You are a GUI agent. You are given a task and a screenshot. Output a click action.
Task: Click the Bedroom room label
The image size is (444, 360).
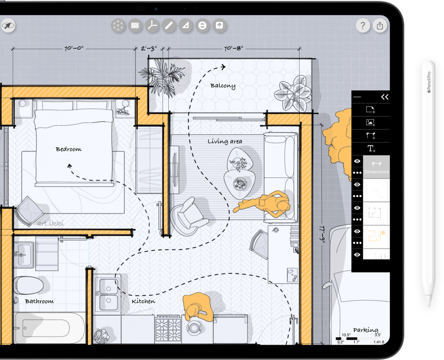[69, 149]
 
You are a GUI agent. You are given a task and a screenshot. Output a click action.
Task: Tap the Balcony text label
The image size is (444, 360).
[223, 86]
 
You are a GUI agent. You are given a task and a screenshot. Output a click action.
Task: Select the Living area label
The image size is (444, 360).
[225, 141]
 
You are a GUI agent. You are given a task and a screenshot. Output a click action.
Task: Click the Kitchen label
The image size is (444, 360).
[143, 301]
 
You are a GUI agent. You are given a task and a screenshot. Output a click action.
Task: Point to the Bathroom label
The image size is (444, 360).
[39, 301]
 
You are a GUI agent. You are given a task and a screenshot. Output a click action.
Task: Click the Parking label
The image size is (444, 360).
[365, 330]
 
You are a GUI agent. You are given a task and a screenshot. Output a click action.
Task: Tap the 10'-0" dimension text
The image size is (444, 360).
[74, 48]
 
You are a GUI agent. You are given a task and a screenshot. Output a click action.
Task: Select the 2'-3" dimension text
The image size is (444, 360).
[149, 48]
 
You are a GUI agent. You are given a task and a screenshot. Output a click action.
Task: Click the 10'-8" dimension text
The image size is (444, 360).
[234, 48]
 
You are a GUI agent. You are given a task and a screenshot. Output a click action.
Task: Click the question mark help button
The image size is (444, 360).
[362, 26]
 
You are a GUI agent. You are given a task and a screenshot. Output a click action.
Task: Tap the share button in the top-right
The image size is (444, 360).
[380, 26]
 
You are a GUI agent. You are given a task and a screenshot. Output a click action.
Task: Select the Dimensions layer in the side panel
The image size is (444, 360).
[376, 167]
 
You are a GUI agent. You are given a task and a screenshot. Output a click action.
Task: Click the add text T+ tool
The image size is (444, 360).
[371, 149]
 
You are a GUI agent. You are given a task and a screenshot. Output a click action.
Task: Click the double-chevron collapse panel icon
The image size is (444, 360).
[384, 97]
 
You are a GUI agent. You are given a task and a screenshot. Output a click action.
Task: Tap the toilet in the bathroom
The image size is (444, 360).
[29, 286]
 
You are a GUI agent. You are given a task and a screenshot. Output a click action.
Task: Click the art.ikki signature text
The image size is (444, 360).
[50, 223]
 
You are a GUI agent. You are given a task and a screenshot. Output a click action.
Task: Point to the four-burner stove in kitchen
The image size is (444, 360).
[167, 325]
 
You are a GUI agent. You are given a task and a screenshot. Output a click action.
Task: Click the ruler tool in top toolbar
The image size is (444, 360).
[169, 26]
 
